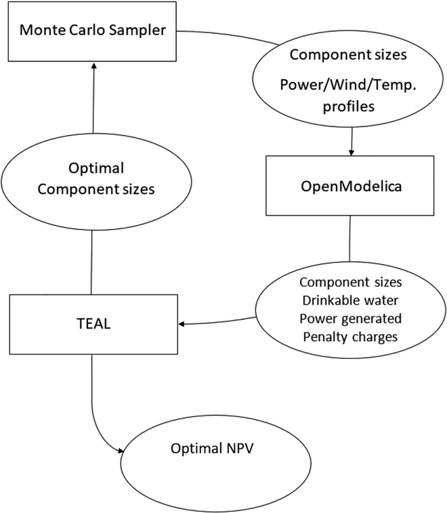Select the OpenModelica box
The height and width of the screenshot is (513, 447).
coord(349,186)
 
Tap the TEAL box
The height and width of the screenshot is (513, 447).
coord(92,324)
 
